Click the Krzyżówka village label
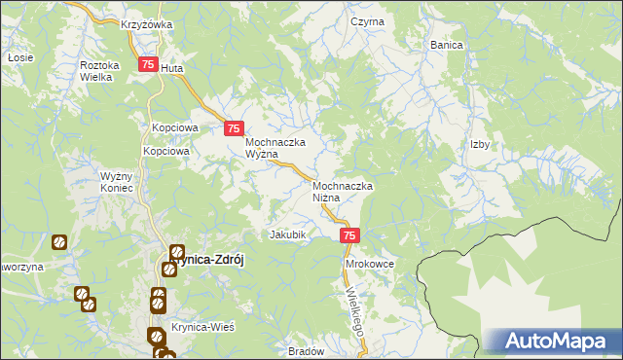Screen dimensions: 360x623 (146, 24)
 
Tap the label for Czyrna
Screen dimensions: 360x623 (368, 21)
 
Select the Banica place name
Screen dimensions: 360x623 (446, 45)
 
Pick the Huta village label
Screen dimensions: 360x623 (171, 69)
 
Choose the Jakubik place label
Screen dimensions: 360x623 (288, 234)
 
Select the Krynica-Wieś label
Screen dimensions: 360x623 (202, 327)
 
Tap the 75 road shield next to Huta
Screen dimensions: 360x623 (148, 65)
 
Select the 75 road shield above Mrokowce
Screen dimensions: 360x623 (351, 235)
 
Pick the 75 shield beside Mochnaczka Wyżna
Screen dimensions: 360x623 (234, 127)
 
